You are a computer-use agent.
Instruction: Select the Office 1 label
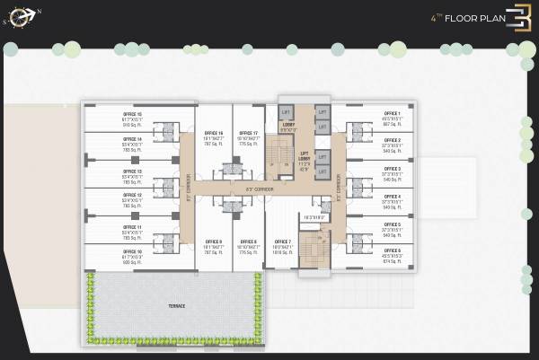(x=392, y=114)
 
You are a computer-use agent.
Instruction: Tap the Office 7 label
(x=283, y=241)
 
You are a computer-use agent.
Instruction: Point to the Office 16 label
(x=214, y=133)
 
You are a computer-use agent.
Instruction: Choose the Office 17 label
(x=249, y=133)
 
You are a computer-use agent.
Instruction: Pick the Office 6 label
(x=392, y=252)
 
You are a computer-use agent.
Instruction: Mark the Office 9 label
(x=214, y=241)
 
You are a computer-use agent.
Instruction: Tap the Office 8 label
(x=249, y=241)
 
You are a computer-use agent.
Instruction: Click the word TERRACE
(x=176, y=307)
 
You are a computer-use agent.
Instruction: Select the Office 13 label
(x=132, y=171)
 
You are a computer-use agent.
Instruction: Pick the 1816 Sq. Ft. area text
(x=283, y=253)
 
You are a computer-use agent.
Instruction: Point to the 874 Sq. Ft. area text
(x=392, y=263)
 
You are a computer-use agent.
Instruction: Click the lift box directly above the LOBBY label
(x=287, y=111)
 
